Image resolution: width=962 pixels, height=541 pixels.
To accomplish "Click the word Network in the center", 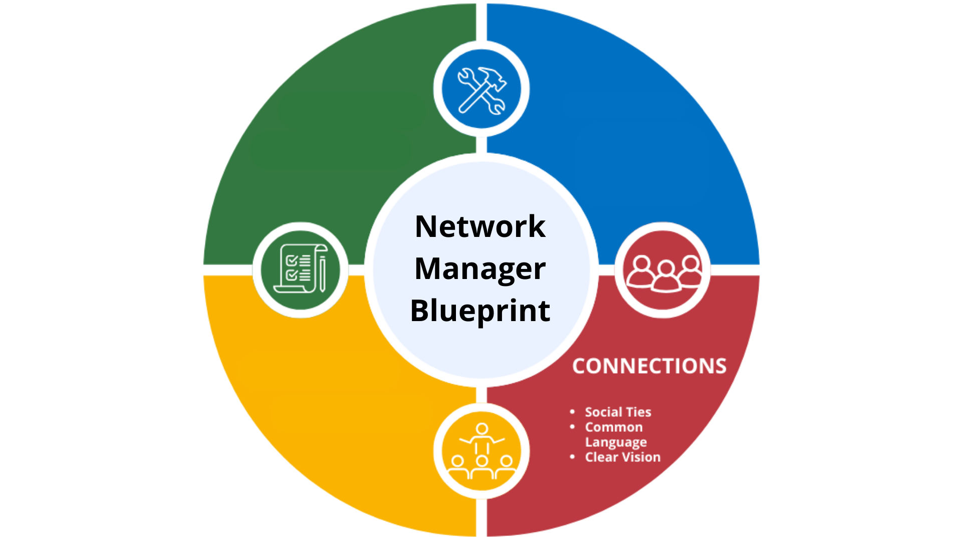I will (x=480, y=226).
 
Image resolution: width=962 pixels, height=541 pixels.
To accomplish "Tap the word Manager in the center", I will (x=480, y=268).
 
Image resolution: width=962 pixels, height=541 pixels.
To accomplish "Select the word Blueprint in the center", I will (x=480, y=311).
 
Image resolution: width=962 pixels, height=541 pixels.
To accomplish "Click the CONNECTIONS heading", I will (x=649, y=366).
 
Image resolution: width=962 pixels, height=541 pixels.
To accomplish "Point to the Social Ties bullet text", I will (x=618, y=412).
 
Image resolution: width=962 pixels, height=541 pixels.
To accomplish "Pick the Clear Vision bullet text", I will (x=623, y=457).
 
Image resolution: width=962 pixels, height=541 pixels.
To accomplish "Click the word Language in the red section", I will (x=616, y=442).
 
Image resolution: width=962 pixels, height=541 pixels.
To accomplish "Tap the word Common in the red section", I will (x=614, y=427).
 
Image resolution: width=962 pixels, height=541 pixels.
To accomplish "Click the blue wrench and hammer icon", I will (x=482, y=90).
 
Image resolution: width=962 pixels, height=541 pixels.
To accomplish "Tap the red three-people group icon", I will (x=663, y=270).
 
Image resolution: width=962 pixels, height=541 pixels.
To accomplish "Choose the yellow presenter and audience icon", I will (x=482, y=451).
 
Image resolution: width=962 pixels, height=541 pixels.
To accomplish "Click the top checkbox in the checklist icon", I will (x=291, y=260).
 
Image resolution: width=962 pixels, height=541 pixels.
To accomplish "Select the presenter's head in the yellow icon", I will (x=482, y=429).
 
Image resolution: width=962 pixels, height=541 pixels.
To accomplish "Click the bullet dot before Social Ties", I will (x=572, y=412).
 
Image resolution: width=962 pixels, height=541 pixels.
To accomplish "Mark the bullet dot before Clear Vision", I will (x=572, y=457).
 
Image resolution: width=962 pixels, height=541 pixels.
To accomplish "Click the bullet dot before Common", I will (x=572, y=427).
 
